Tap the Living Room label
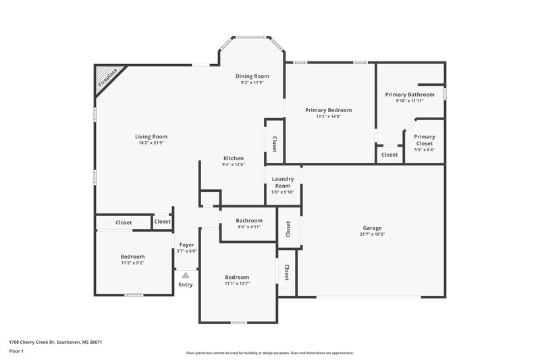pyautogui.click(x=151, y=136)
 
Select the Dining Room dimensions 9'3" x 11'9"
pyautogui.click(x=252, y=83)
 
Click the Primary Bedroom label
pyautogui.click(x=328, y=110)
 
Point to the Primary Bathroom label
pyautogui.click(x=410, y=95)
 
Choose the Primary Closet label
pyautogui.click(x=425, y=140)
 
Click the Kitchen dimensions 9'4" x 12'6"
pyautogui.click(x=233, y=165)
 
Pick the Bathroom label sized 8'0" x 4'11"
pyautogui.click(x=248, y=221)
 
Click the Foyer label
pyautogui.click(x=186, y=245)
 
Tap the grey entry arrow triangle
pyautogui.click(x=186, y=274)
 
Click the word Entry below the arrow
pyautogui.click(x=186, y=284)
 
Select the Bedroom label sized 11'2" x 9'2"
pyautogui.click(x=132, y=257)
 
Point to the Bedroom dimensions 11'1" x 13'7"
pyautogui.click(x=237, y=284)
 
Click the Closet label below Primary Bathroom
pyautogui.click(x=389, y=155)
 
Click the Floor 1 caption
pyautogui.click(x=16, y=351)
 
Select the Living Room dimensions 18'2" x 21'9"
pyautogui.click(x=151, y=143)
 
